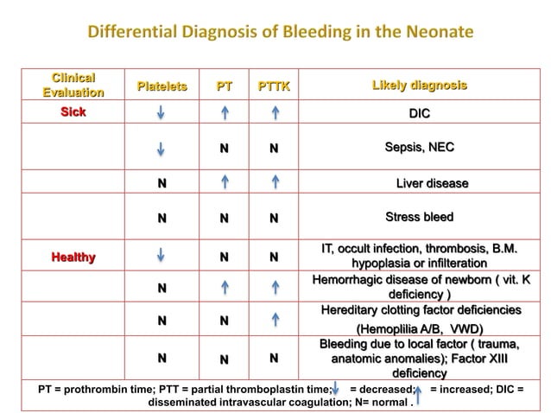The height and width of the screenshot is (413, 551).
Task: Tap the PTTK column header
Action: pos(274,86)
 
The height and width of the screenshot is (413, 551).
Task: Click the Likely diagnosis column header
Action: pos(419,86)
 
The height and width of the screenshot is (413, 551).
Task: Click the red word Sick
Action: pos(73,113)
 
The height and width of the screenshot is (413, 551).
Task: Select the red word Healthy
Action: pos(73,257)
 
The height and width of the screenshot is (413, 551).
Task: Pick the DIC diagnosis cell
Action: pos(419,114)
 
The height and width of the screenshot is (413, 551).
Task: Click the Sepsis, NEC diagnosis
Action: pos(419,148)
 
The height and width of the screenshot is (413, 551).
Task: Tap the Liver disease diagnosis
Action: pos(432,183)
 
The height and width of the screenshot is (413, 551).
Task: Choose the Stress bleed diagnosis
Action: pos(419,217)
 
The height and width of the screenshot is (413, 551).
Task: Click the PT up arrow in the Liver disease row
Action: pos(224,183)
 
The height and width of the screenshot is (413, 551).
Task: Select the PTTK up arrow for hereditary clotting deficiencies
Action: pos(274,321)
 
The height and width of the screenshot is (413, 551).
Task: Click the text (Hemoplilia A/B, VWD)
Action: pos(420,329)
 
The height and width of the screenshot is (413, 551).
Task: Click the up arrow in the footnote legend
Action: pos(418,394)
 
